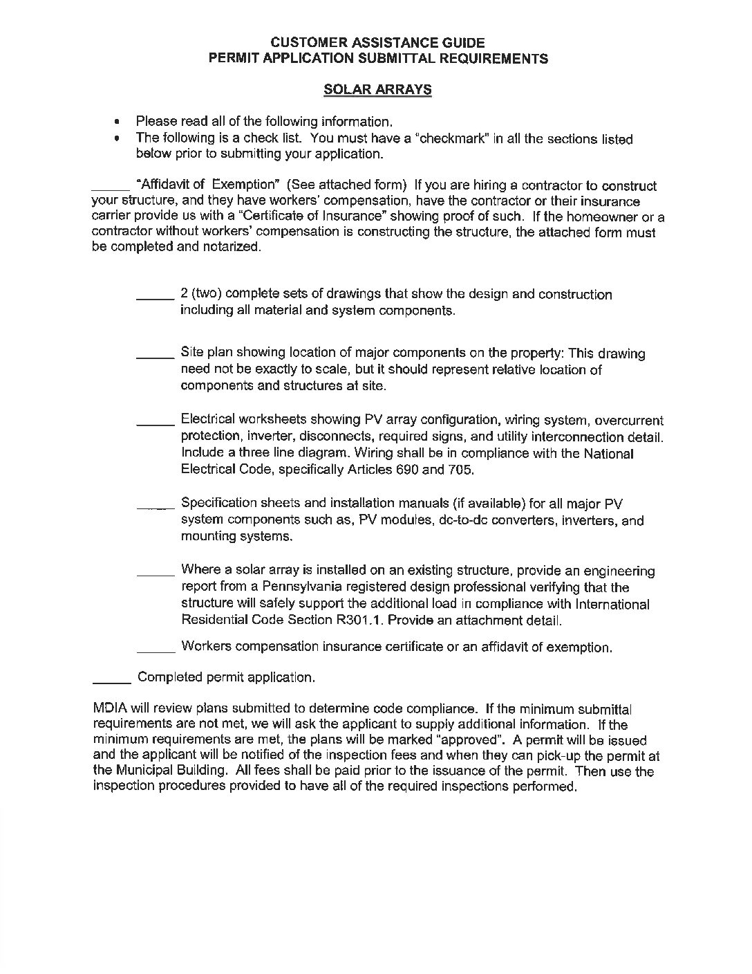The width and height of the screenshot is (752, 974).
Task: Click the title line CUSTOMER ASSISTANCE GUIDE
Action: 378,43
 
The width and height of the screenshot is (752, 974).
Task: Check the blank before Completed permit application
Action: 111,680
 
